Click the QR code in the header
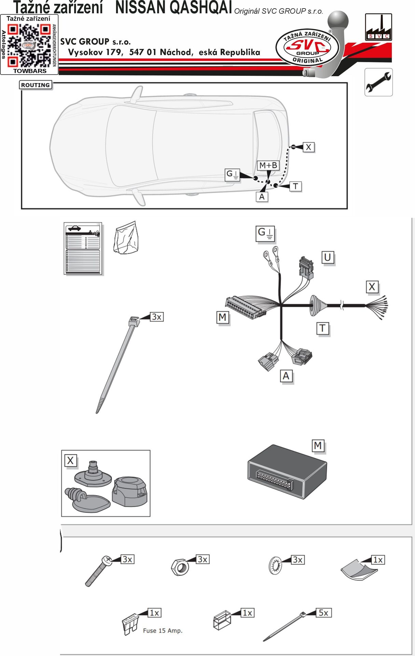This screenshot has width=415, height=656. [x=29, y=46]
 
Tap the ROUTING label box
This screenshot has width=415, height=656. [x=36, y=85]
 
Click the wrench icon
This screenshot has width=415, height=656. [x=378, y=82]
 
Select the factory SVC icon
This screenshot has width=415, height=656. [x=378, y=27]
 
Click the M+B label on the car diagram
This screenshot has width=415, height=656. [x=268, y=166]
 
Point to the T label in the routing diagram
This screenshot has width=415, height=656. [x=295, y=187]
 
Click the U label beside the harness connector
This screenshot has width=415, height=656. [x=328, y=257]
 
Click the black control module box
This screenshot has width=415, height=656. [x=287, y=471]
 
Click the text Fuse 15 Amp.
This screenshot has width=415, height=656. [x=163, y=631]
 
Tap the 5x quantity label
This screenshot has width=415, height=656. [x=323, y=613]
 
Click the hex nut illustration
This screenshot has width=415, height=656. [x=180, y=568]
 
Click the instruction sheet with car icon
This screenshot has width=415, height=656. [x=83, y=248]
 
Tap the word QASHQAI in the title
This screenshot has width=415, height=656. [x=174, y=8]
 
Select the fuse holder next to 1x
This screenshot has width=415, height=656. [x=222, y=620]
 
